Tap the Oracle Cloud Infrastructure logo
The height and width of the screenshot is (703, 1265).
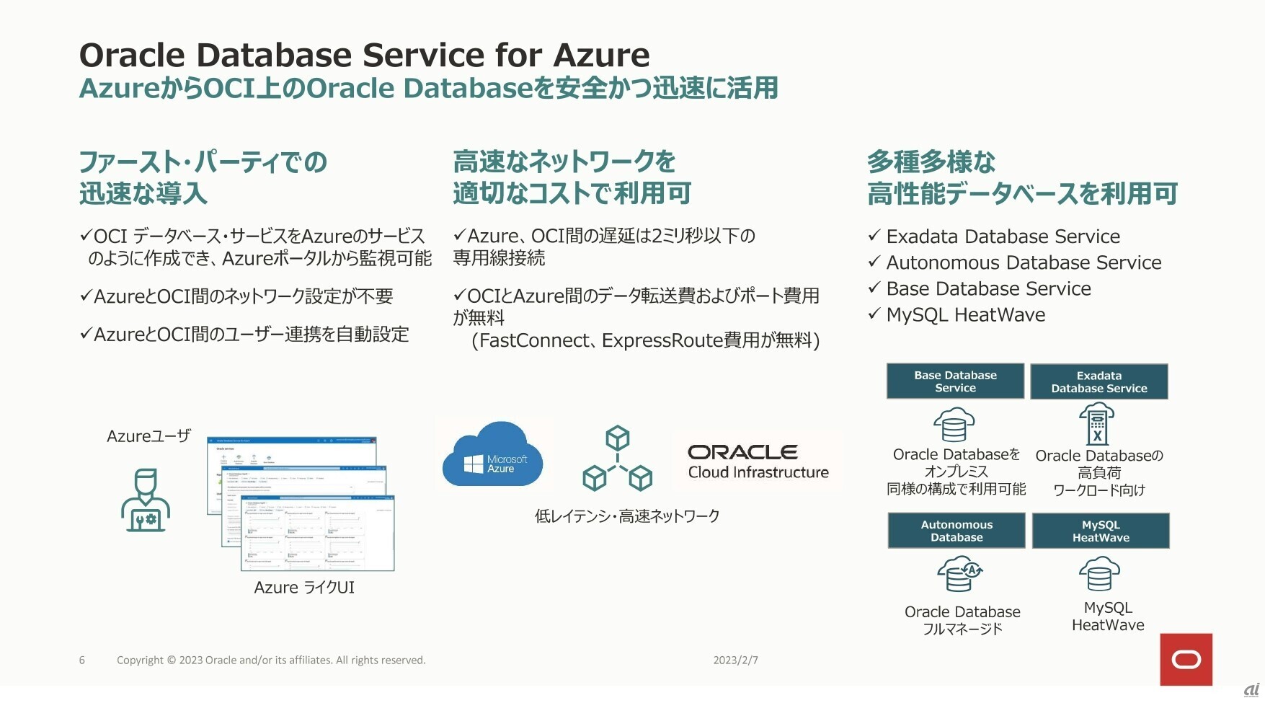pos(758,461)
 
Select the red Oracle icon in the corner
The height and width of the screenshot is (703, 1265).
pos(1186,659)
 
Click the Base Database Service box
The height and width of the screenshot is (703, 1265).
pos(955,381)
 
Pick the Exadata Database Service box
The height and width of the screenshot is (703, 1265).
pos(1098,382)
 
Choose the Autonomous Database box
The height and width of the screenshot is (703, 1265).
pos(956,531)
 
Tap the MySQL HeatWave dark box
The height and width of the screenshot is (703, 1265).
pos(1101,531)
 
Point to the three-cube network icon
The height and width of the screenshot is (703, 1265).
pos(617,459)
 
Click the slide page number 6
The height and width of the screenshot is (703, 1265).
pos(82,660)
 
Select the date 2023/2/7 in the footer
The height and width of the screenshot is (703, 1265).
pos(735,660)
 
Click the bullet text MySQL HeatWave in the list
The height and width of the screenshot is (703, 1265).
pos(965,315)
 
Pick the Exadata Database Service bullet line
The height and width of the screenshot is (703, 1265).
pos(1003,236)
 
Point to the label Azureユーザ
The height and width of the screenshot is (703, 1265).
pos(148,436)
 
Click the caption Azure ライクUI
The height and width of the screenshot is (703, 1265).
pos(304,588)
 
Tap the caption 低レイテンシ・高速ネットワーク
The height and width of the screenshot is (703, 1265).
pos(627,516)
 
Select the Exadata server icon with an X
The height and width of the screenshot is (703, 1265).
pos(1096,424)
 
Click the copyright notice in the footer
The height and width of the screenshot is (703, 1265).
pos(271,660)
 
